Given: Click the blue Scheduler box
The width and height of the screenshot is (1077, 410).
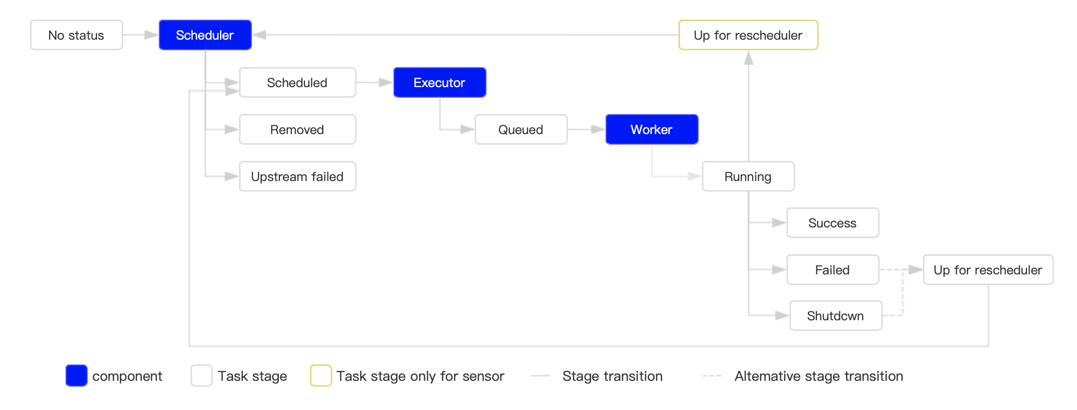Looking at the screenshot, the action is (205, 35).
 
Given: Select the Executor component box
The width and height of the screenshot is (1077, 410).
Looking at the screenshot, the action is (439, 82).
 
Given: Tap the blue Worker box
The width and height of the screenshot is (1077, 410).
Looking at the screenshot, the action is (652, 129).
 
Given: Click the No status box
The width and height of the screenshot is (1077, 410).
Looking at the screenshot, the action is (76, 35).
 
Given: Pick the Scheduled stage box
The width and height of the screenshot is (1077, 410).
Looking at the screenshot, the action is (297, 82).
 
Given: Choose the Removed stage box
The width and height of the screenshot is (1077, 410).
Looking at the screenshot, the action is (297, 129).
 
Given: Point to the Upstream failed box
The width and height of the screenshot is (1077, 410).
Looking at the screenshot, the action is (297, 176).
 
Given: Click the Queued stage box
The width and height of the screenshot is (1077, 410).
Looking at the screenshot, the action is (521, 129).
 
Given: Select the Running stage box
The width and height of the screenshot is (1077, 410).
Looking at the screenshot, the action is (748, 176).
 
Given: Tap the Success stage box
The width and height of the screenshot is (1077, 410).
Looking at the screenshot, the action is (833, 223).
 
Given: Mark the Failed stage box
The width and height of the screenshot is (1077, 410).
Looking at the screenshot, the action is (833, 270).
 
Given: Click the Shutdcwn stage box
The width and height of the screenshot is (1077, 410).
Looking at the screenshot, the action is (836, 316).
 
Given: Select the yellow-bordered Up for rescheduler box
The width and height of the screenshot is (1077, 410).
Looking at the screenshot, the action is (748, 35).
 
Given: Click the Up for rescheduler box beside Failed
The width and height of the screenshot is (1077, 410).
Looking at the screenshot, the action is (988, 270).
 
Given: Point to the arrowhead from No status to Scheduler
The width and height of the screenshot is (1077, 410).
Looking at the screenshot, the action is (151, 35).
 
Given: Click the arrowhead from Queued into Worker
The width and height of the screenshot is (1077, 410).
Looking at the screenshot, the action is (598, 129).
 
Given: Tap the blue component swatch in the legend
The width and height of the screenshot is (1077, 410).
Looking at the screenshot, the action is (76, 376).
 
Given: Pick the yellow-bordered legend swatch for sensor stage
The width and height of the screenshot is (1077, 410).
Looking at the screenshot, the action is (321, 376).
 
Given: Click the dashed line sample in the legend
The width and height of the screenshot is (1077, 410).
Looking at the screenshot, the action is (712, 376).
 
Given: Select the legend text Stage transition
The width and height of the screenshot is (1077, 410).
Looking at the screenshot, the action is (613, 376).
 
